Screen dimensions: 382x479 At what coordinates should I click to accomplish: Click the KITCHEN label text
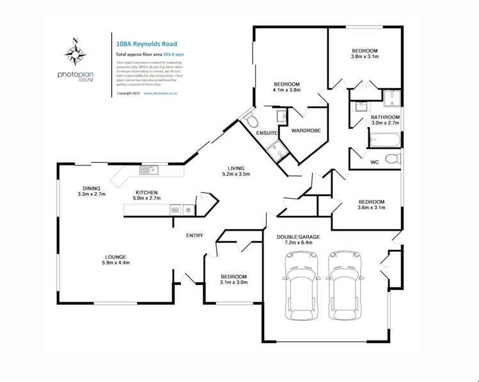pos(146,192)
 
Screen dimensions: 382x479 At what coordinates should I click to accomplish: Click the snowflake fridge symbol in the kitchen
pos(188,210)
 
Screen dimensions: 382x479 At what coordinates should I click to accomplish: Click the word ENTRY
pos(194,236)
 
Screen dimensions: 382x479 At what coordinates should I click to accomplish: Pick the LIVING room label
pos(235,167)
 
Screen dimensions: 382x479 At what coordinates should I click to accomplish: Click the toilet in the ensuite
pos(251,121)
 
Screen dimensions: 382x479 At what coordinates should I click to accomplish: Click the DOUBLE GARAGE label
pos(298,236)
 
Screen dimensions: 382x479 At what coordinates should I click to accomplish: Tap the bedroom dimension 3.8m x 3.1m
pos(365,57)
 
